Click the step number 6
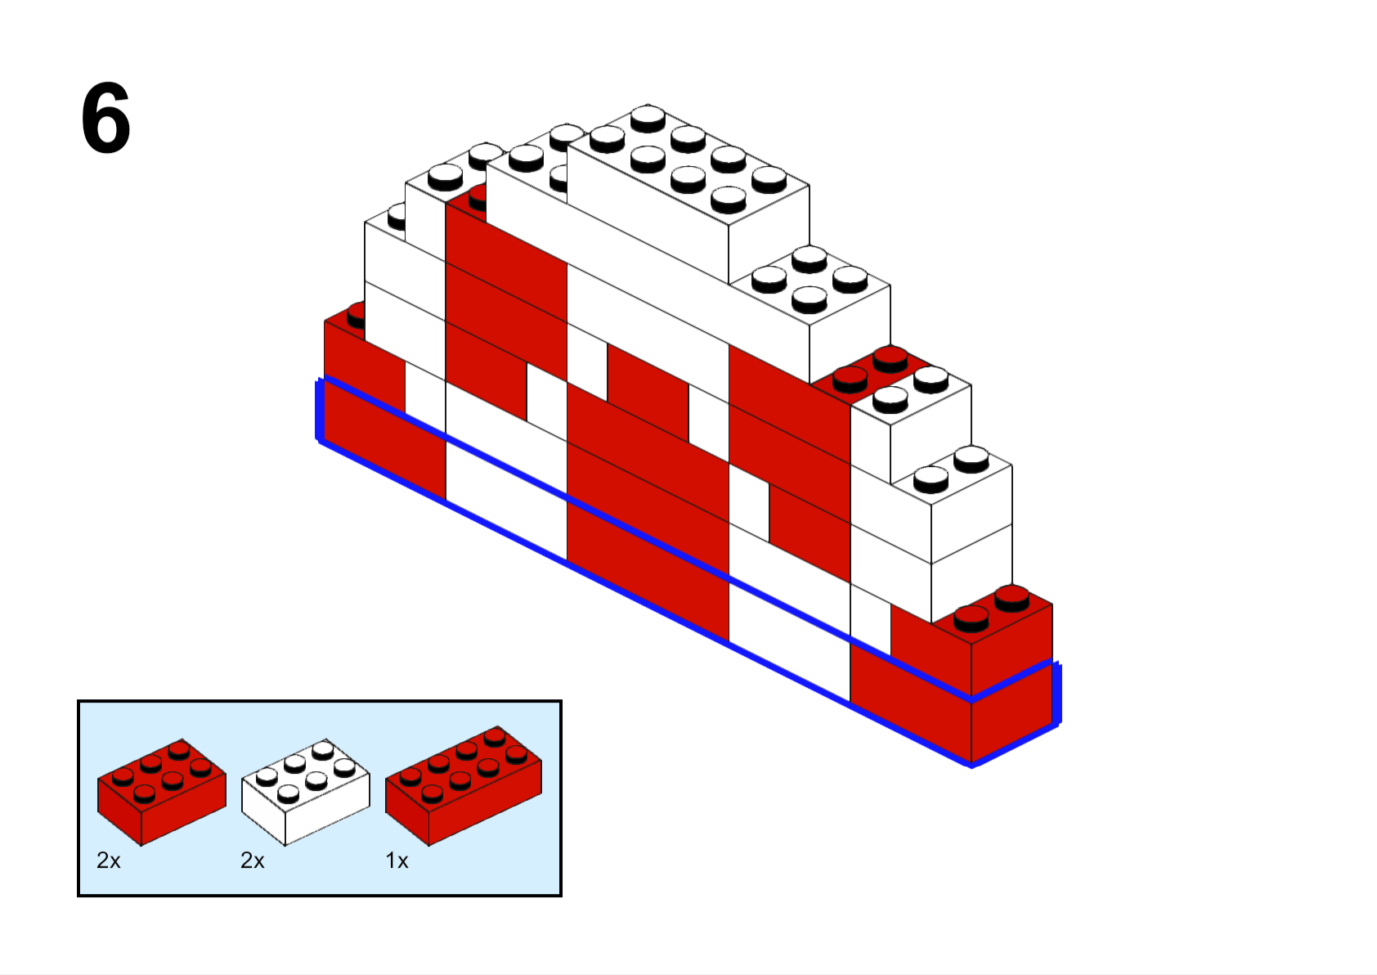click(x=105, y=118)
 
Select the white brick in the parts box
click(x=306, y=792)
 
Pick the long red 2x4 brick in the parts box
click(x=464, y=786)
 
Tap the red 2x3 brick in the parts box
click(x=162, y=792)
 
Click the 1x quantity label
click(x=397, y=860)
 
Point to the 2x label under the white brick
click(x=252, y=860)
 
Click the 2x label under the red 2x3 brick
click(x=108, y=860)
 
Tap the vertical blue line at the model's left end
click(x=319, y=410)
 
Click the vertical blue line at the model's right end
click(x=1056, y=693)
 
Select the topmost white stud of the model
click(x=648, y=118)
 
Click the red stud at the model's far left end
click(x=356, y=316)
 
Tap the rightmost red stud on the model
click(x=1011, y=598)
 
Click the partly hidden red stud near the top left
click(x=478, y=198)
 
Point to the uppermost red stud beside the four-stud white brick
click(x=890, y=360)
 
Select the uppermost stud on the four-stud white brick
click(x=810, y=258)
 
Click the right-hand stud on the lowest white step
click(x=971, y=459)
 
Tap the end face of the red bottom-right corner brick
click(x=1011, y=684)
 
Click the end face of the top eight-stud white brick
click(x=769, y=234)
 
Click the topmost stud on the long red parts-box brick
click(x=495, y=736)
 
